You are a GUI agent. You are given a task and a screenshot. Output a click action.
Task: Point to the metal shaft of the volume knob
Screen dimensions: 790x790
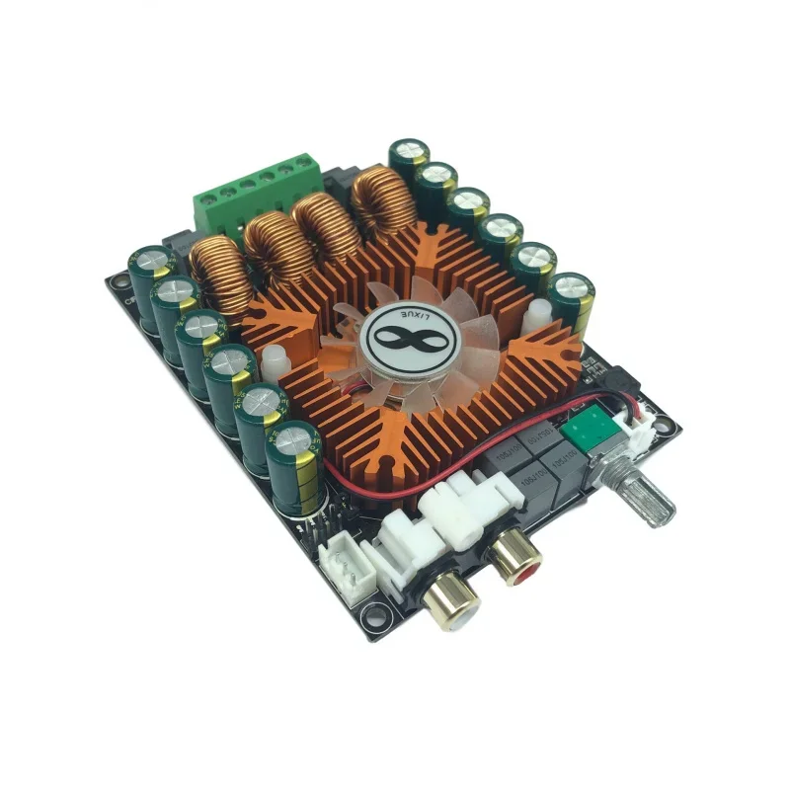(x=647, y=501)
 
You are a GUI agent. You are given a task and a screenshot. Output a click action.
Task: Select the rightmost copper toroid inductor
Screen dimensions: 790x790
(x=381, y=198)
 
